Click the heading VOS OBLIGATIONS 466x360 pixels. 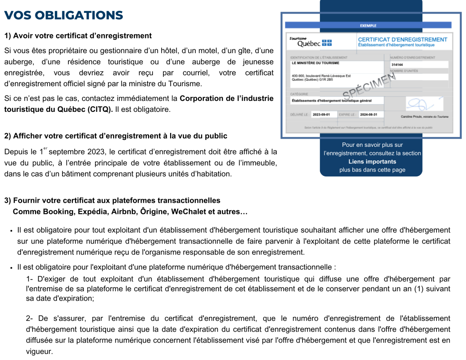[x=64, y=16]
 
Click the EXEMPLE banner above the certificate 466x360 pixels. [x=368, y=26]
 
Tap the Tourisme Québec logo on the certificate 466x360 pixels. [x=310, y=42]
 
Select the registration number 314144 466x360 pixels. [x=397, y=65]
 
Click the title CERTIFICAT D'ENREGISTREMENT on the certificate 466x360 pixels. [x=402, y=40]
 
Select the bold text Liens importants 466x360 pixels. [x=372, y=162]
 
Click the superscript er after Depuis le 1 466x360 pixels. [x=45, y=148]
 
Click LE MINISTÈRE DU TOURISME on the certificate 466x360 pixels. [x=315, y=63]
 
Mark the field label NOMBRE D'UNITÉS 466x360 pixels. [x=404, y=71]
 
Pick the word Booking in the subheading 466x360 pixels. [x=59, y=212]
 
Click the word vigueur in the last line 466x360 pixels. [x=39, y=352]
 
